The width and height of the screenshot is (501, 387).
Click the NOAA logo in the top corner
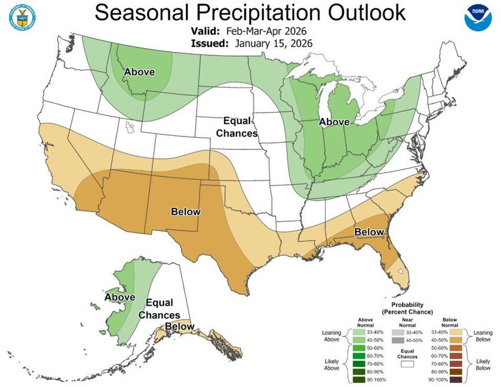478,19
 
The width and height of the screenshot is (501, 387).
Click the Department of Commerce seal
22,18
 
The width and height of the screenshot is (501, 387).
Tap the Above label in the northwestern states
139,71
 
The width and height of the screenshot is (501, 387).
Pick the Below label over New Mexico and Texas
186,212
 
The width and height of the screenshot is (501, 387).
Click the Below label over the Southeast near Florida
369,232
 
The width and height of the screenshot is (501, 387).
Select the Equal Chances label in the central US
236,126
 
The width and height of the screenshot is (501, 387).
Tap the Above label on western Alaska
120,296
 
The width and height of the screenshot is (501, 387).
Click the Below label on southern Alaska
180,326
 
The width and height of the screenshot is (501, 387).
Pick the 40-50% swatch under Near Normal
396,340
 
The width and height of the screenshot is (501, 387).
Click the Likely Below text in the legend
483,364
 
